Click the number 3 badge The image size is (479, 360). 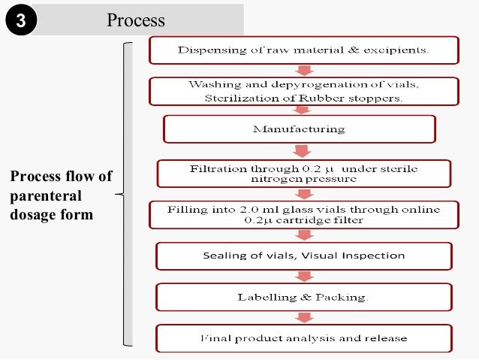[20, 20]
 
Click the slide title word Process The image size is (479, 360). [135, 20]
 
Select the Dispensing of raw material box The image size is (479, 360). [303, 50]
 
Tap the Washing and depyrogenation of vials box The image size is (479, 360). [303, 91]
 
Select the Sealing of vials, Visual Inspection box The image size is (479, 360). [303, 256]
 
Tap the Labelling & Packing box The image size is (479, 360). [303, 297]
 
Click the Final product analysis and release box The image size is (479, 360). [303, 338]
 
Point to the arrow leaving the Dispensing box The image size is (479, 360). [304, 70]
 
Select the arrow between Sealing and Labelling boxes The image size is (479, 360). [304, 276]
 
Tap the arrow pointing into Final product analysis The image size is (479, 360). [304, 317]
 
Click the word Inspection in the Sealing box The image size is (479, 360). [369, 256]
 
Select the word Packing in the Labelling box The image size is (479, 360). [345, 297]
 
